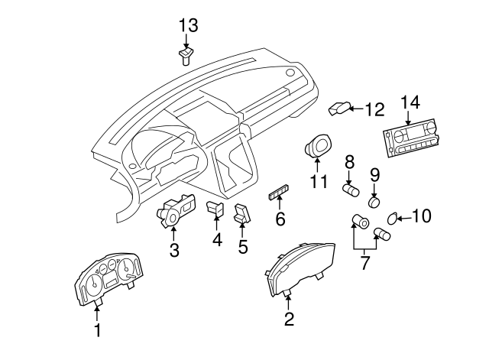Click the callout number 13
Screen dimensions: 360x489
(188, 25)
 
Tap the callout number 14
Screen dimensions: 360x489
(410, 102)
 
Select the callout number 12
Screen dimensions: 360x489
(374, 110)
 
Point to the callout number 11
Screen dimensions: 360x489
(318, 182)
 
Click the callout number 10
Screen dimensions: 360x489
(421, 216)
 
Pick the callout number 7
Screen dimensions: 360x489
(364, 263)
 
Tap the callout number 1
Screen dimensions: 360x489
(97, 330)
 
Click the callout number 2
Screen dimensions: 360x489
(289, 319)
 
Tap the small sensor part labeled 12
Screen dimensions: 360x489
(338, 109)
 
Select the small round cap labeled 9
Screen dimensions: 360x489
(374, 203)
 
